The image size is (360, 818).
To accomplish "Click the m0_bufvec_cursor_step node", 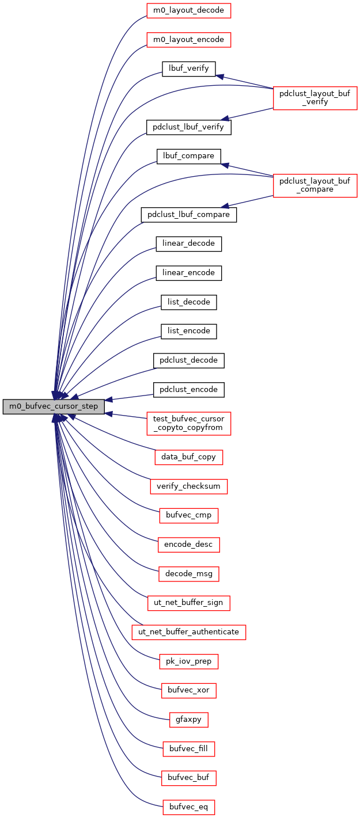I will [54, 406].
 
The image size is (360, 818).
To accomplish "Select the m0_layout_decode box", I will [188, 10].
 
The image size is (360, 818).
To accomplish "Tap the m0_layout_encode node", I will [188, 40].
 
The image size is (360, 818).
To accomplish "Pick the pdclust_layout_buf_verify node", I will [315, 97].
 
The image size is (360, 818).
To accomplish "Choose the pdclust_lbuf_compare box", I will [188, 215].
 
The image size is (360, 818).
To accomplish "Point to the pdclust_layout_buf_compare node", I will [315, 185].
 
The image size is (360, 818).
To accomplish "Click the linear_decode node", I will [188, 244].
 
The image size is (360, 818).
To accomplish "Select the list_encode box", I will [188, 331].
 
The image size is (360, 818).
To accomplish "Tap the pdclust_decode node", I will [188, 360].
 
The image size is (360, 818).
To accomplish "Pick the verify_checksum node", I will [188, 486].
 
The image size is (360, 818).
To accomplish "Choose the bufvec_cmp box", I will [188, 516].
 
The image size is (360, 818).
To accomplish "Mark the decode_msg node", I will [188, 574].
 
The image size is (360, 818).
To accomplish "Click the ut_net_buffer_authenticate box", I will [189, 632].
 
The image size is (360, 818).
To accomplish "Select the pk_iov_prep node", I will [188, 661].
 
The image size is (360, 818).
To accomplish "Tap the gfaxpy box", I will [188, 720].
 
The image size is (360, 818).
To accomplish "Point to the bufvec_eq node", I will [188, 808].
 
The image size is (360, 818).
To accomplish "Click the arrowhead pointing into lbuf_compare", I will [225, 165].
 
